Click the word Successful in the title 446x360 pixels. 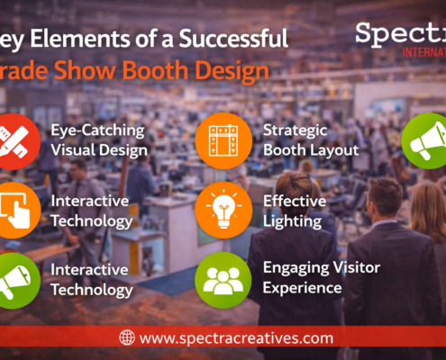click(235, 39)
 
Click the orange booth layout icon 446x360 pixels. click(223, 142)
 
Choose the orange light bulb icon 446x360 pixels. click(223, 210)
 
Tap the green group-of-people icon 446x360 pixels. click(223, 279)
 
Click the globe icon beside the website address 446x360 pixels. click(127, 337)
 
